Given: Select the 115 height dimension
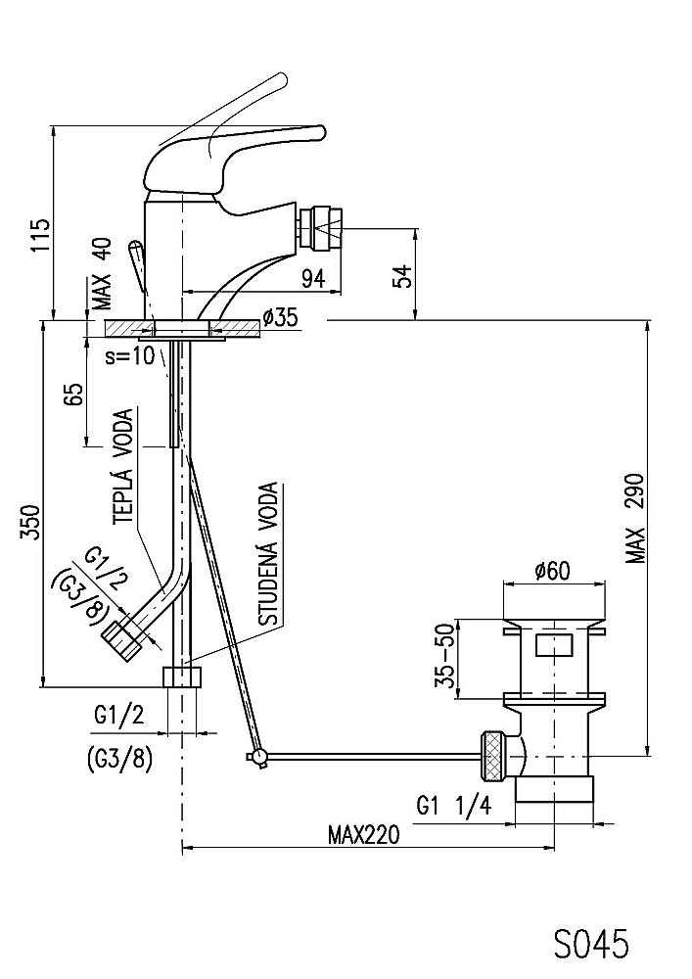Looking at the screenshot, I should (x=40, y=236).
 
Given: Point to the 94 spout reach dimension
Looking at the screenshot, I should (x=312, y=279).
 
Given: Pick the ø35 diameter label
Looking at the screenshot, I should (x=280, y=317).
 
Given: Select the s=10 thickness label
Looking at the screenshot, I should (x=129, y=355).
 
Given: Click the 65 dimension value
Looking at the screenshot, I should (x=72, y=396).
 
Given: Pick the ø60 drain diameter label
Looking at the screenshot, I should (x=551, y=571).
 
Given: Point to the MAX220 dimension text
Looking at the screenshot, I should (x=363, y=836).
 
